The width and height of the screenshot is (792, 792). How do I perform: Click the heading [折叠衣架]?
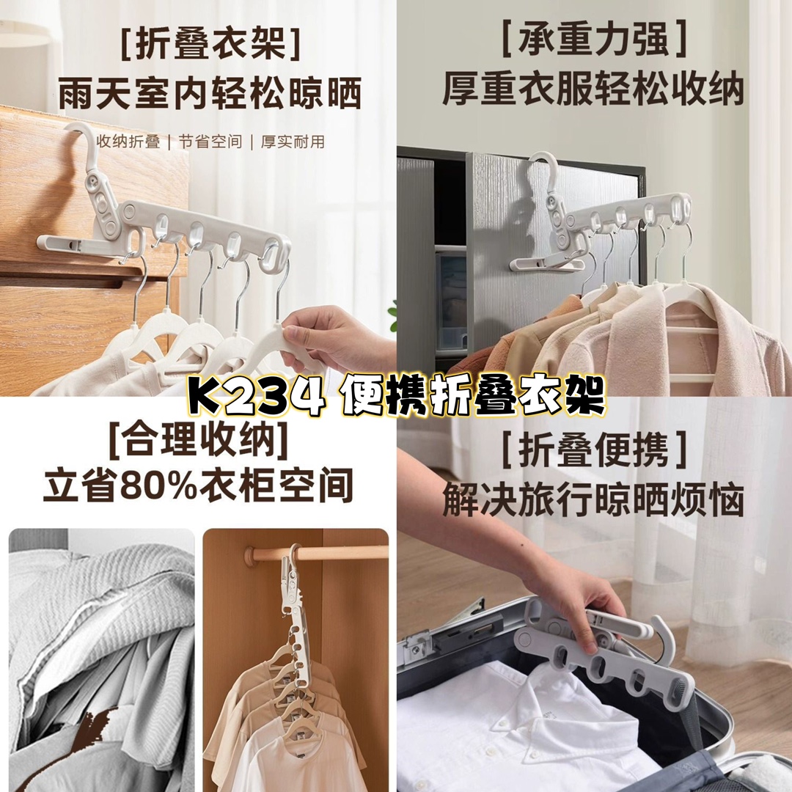coord(210,44)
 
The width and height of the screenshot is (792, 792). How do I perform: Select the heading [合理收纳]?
coord(199,440)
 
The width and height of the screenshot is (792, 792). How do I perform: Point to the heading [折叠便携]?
coord(594,450)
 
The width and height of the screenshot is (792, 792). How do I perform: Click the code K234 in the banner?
coord(255,397)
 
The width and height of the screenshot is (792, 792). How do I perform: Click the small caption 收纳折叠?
coord(128,142)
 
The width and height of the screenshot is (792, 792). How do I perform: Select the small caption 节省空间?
coord(210,142)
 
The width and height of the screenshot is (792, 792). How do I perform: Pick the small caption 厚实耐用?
coord(293,142)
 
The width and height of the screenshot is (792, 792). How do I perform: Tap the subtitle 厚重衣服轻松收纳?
coord(593,89)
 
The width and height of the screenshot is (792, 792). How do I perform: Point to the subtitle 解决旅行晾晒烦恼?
coord(593,500)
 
